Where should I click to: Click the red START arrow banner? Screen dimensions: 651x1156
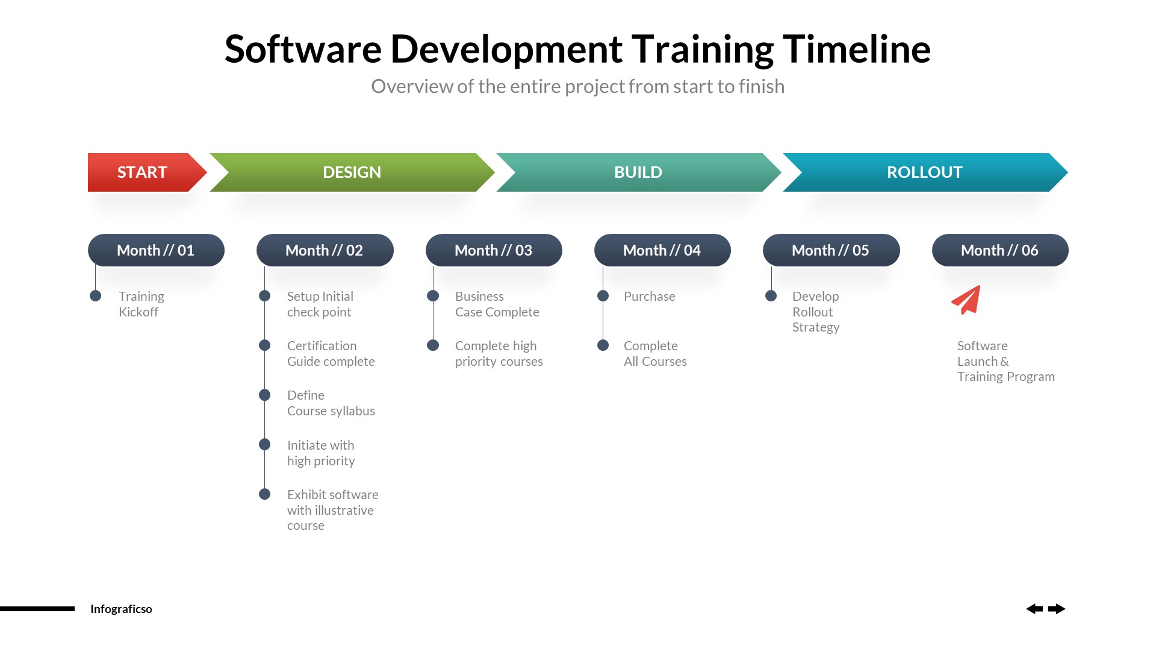click(x=143, y=172)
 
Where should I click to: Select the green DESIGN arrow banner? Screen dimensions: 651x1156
click(x=352, y=172)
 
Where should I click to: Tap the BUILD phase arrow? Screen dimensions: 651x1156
click(x=638, y=172)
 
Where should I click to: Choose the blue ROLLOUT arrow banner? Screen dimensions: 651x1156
click(x=925, y=172)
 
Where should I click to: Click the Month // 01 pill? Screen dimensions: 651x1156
click(x=156, y=250)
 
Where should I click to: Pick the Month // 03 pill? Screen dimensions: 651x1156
click(x=494, y=250)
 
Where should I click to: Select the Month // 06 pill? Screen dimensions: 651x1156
click(x=1000, y=250)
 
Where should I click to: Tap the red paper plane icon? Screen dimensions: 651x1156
click(x=967, y=300)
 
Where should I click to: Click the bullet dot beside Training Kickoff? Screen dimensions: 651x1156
click(x=95, y=296)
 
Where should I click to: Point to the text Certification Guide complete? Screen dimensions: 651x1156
click(x=331, y=354)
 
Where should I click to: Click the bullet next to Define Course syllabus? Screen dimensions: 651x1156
click(x=264, y=395)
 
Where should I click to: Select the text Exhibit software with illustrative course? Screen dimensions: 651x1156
click(x=332, y=510)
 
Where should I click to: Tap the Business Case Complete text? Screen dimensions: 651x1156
click(x=497, y=304)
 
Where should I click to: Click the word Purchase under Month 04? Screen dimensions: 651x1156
click(x=649, y=297)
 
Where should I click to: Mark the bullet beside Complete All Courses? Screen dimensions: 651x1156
click(x=603, y=345)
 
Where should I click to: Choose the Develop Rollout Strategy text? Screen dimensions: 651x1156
click(x=815, y=312)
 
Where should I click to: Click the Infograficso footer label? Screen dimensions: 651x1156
click(x=121, y=609)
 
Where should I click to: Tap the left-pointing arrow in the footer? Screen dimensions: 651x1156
click(x=1034, y=609)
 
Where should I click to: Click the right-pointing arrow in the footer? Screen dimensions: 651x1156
click(x=1057, y=609)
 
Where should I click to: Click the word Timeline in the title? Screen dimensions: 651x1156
click(x=856, y=49)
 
